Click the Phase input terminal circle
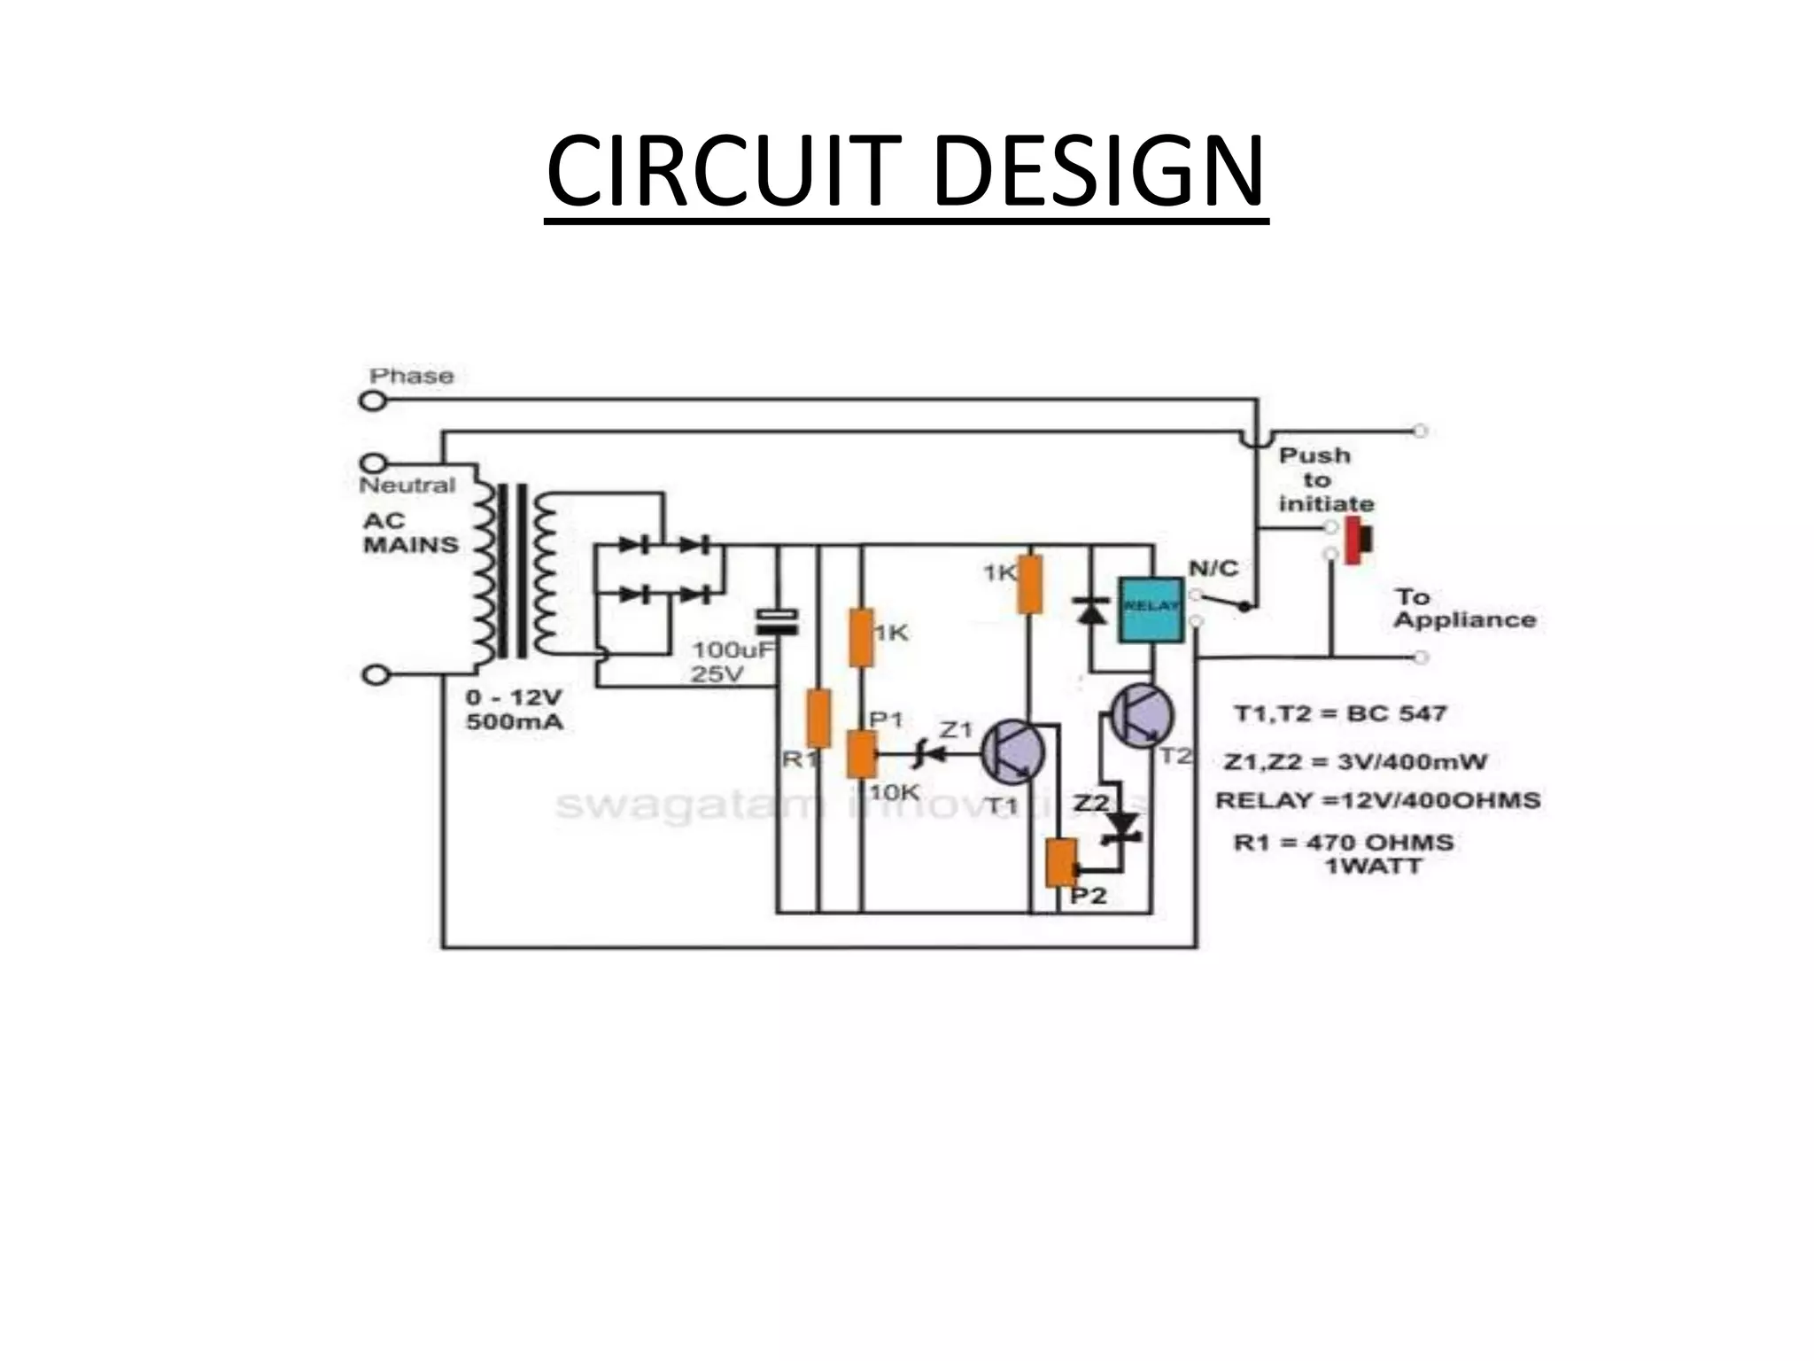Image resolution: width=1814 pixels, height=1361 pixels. coord(373,401)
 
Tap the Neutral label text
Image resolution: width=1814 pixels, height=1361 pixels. coord(407,486)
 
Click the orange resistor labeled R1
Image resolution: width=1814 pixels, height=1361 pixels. coord(818,719)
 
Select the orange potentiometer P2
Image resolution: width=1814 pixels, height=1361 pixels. coord(1059,864)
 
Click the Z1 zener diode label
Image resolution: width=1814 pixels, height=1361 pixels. coord(956,730)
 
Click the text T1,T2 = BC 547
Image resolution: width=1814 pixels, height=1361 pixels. coord(1340,713)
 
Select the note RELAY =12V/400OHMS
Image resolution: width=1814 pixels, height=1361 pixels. coord(1377,801)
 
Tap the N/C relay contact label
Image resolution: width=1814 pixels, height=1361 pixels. coord(1213,568)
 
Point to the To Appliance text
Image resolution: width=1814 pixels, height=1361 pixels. coord(1463,608)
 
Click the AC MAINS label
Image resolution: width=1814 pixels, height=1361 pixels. coord(410,533)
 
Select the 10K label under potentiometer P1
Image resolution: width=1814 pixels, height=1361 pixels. coord(893,792)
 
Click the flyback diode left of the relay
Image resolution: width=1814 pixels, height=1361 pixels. coord(1090,610)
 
